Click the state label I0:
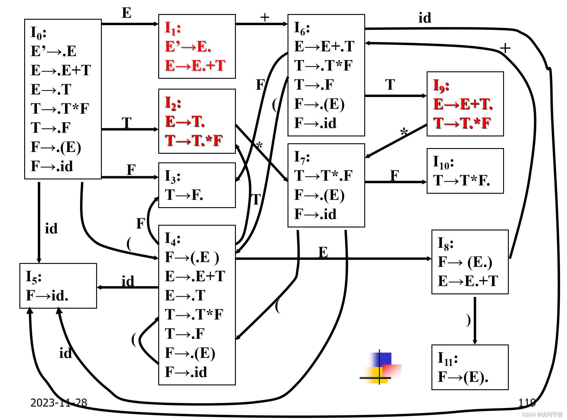pyautogui.click(x=39, y=33)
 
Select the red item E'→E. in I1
pyautogui.click(x=188, y=47)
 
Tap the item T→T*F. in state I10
pyautogui.click(x=462, y=180)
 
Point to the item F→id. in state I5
pyautogui.click(x=47, y=295)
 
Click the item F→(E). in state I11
pyautogui.click(x=463, y=377)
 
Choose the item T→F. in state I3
pyautogui.click(x=184, y=195)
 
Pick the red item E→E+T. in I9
pyautogui.click(x=463, y=104)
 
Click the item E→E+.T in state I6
pyautogui.click(x=324, y=46)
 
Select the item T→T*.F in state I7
pyautogui.click(x=323, y=176)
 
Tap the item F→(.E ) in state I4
pyautogui.click(x=192, y=257)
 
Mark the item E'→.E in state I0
pyautogui.click(x=53, y=51)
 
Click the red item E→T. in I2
pyautogui.click(x=185, y=121)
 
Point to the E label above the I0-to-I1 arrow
pyautogui.click(x=127, y=13)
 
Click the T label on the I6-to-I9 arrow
pyautogui.click(x=390, y=84)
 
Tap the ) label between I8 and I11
pyautogui.click(x=468, y=320)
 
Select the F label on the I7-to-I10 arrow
pyautogui.click(x=395, y=175)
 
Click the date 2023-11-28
pyautogui.click(x=59, y=403)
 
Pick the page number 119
pyautogui.click(x=527, y=403)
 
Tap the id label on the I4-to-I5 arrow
pyautogui.click(x=128, y=281)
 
